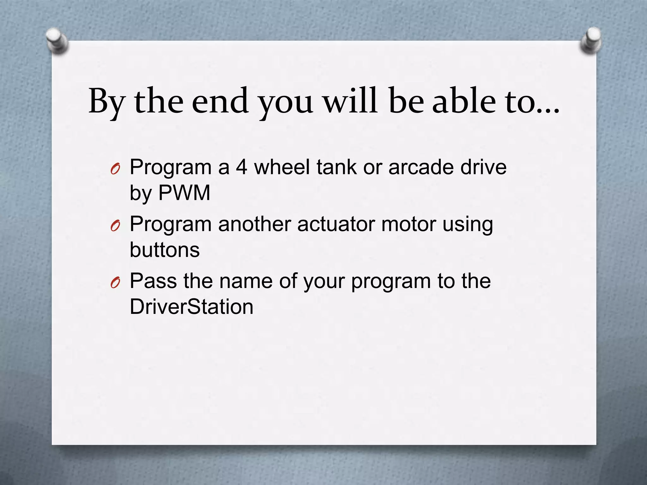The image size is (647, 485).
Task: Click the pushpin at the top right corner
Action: tap(590, 40)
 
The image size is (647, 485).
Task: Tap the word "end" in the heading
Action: tap(220, 101)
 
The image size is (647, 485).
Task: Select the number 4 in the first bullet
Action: tap(242, 167)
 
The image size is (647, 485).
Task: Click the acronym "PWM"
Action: tap(184, 193)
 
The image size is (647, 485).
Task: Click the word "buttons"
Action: tap(165, 249)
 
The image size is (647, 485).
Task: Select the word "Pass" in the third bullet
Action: tap(153, 281)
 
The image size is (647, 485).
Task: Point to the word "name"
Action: tap(246, 281)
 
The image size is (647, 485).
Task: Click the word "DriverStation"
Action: tap(191, 307)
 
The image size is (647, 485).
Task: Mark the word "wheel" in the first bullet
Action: tap(282, 167)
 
